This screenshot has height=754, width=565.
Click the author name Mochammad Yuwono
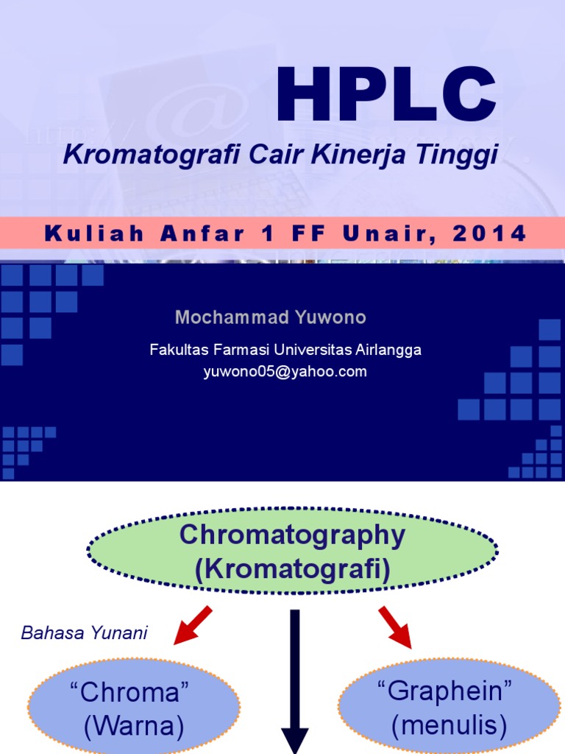(x=270, y=318)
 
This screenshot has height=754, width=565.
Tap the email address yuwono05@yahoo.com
(x=285, y=372)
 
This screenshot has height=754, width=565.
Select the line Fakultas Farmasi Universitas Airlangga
(x=285, y=350)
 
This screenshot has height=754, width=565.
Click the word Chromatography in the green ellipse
(x=292, y=535)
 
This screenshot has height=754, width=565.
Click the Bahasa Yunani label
(x=85, y=633)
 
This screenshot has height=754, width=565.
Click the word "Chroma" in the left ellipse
(x=134, y=692)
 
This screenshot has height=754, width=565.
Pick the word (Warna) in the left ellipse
(x=134, y=727)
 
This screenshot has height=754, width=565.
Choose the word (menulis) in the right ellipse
(x=449, y=727)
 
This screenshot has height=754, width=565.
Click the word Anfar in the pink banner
(x=213, y=234)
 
